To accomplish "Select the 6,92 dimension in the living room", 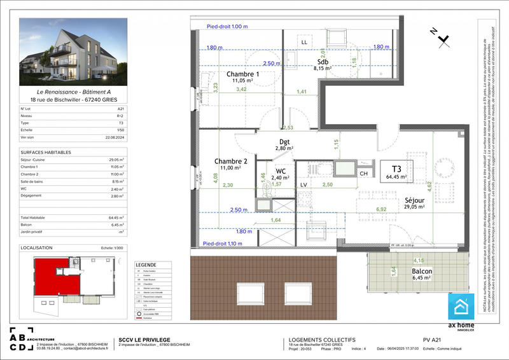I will tap(381, 209).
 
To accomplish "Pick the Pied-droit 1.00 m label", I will tap(227, 27).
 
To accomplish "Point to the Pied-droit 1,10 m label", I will tap(223, 244).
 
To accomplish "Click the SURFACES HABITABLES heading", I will tap(46, 152).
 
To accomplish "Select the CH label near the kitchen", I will tap(364, 172).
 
